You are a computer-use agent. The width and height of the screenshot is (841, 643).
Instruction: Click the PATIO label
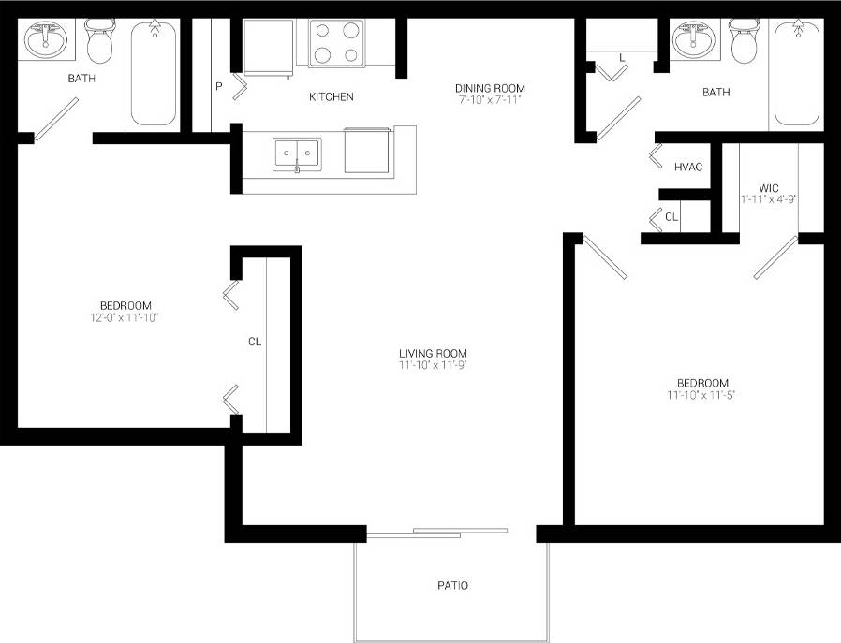point(452,586)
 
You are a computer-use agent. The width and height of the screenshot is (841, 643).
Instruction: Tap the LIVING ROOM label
point(433,353)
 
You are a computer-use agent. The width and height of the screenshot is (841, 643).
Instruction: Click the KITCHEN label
point(332,96)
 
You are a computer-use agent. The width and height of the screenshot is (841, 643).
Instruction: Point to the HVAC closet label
point(688,168)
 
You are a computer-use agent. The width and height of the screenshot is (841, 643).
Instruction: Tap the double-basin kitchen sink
point(297,154)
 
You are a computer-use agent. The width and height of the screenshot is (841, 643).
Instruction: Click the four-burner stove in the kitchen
point(336,43)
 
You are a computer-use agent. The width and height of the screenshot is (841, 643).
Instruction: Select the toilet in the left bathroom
point(99,42)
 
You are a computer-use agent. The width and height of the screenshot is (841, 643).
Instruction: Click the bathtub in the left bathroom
point(154,73)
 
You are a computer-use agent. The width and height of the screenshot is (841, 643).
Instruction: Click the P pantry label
point(218,87)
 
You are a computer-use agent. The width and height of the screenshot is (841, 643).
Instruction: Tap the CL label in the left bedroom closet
point(254,342)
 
